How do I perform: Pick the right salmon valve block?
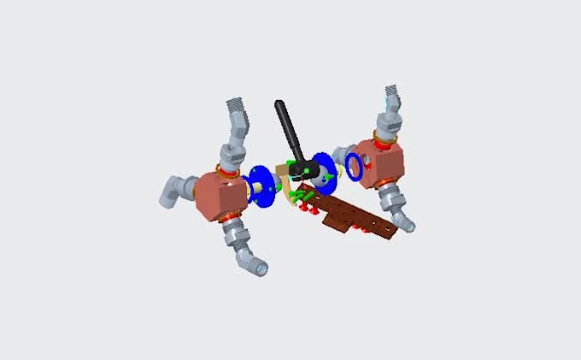click(x=381, y=162)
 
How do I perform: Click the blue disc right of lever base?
click(x=323, y=169)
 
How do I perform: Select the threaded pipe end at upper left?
click(x=241, y=110)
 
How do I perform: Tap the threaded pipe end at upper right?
click(x=393, y=96)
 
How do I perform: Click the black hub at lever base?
click(x=301, y=173)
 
